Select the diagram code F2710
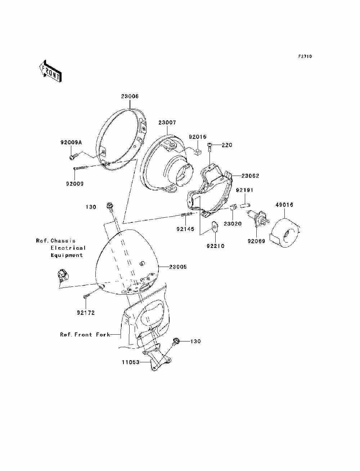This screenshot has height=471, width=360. [x=305, y=56]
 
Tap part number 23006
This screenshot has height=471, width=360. [x=130, y=96]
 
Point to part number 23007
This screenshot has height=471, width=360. [x=167, y=123]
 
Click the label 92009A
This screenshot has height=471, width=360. [x=71, y=142]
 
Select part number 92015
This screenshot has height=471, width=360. [x=198, y=137]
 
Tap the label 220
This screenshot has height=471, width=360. [x=227, y=145]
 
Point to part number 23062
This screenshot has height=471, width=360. [x=250, y=176]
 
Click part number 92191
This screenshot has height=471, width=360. [x=245, y=190]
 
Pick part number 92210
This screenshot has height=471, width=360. [x=216, y=246]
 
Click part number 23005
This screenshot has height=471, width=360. [x=178, y=267]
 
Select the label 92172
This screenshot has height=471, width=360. [x=86, y=313]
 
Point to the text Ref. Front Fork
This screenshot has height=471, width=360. [x=85, y=335]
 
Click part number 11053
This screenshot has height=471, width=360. [x=131, y=362]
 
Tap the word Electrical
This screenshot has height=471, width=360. [x=68, y=248]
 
